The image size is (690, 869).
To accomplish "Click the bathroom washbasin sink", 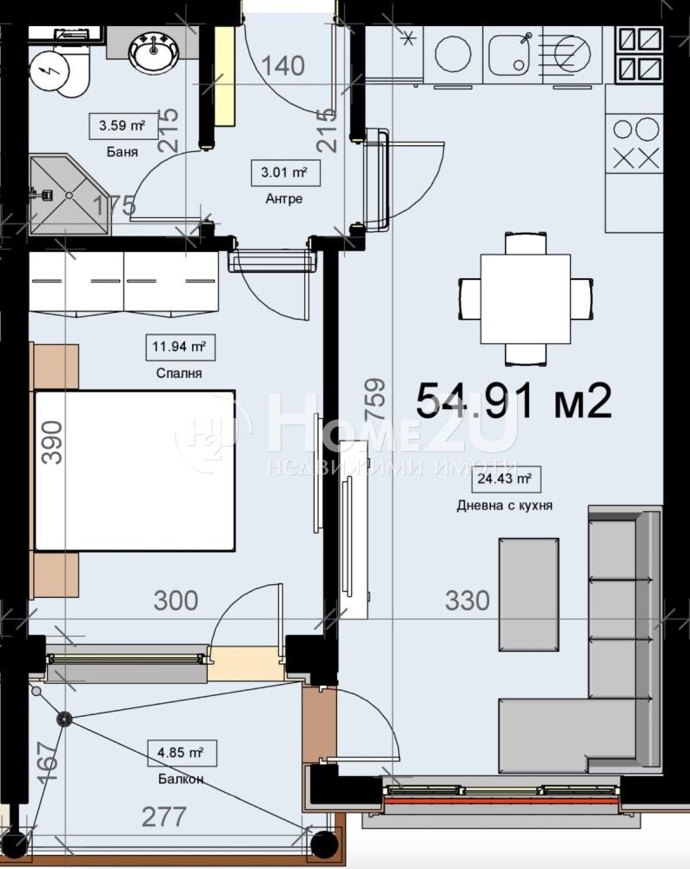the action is click(x=154, y=53).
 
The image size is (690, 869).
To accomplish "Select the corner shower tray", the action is click(x=70, y=195).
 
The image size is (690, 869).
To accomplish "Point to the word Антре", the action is click(x=284, y=198).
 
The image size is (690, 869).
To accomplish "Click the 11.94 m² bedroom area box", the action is click(x=180, y=348).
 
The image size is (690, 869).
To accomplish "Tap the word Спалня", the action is click(x=179, y=373).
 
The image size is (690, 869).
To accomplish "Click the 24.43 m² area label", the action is click(x=506, y=479).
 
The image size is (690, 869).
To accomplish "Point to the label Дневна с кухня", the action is click(x=504, y=506).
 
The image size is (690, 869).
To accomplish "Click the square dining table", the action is click(x=526, y=299).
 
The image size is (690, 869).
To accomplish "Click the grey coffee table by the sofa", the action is click(x=528, y=594).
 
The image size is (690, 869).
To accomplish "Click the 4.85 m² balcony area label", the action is click(x=182, y=753).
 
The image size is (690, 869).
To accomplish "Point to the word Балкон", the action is click(x=181, y=779).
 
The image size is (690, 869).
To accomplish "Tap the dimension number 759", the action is click(x=375, y=398).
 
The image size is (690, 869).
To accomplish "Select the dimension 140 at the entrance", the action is click(x=282, y=66).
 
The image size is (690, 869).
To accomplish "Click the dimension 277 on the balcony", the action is click(x=164, y=817).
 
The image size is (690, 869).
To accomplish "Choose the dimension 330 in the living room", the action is click(x=468, y=600).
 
